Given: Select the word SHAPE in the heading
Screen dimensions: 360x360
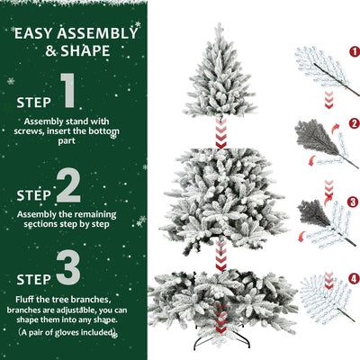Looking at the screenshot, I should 86,50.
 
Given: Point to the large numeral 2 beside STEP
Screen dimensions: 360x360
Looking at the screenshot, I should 68,186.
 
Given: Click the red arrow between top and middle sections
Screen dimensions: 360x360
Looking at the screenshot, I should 219,136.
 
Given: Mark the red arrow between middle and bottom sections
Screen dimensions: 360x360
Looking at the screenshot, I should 220,255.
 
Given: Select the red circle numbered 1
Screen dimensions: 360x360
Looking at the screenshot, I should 354,52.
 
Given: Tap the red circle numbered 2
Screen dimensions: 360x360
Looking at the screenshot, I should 354,122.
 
